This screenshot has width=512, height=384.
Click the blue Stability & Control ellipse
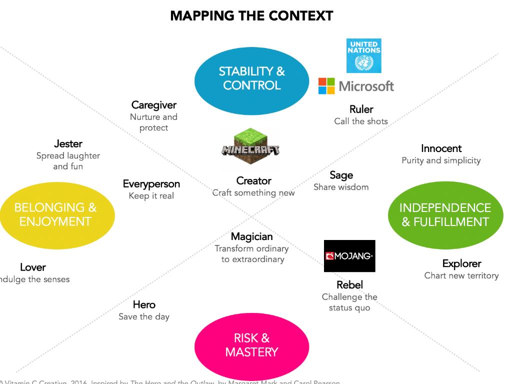[251, 78]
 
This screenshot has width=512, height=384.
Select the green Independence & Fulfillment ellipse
[445, 215]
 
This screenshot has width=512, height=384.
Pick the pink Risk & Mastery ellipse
[251, 345]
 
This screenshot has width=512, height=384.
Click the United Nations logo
[363, 55]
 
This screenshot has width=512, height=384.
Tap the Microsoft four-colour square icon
[326, 86]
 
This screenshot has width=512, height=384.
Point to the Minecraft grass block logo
[250, 148]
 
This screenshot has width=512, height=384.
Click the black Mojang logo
[349, 256]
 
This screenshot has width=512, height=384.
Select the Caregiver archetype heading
[154, 105]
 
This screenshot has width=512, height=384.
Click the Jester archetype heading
[68, 144]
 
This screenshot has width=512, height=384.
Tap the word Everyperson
[151, 184]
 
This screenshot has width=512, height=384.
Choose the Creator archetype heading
[253, 180]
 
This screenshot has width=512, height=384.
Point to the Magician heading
[251, 236]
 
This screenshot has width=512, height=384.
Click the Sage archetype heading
[341, 175]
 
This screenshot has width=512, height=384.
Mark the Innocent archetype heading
[441, 148]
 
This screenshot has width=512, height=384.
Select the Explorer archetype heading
[461, 263]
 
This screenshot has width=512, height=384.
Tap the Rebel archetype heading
[349, 285]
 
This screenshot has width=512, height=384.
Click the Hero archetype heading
[144, 304]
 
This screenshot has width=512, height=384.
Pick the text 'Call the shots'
[361, 121]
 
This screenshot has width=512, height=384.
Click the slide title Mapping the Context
[251, 15]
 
